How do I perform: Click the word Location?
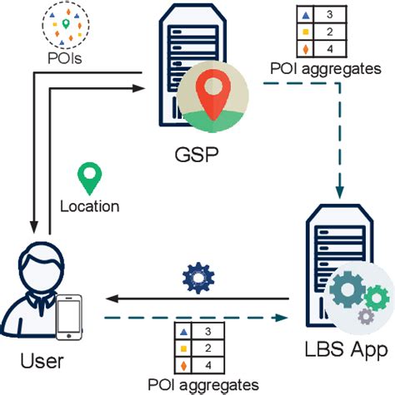point(90,206)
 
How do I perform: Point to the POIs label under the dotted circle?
point(63,59)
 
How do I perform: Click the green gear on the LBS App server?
point(377,294)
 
